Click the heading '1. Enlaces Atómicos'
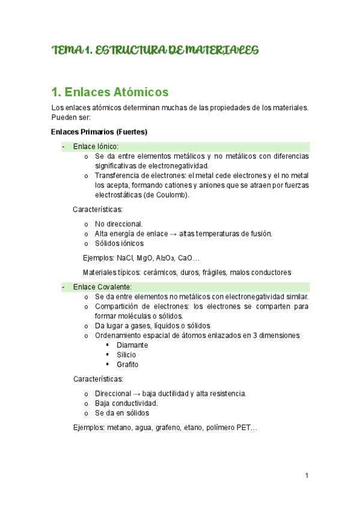(111, 92)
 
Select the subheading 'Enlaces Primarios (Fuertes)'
(99, 132)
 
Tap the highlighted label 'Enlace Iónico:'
(96, 146)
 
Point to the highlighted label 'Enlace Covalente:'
(102, 287)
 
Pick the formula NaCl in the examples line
(125, 258)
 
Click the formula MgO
(145, 258)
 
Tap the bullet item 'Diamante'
(132, 345)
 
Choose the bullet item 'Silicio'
(126, 355)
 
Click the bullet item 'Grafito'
(127, 364)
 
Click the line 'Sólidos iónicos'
(120, 244)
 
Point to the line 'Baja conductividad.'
(126, 403)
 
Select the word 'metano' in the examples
(119, 428)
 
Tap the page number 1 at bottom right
(307, 476)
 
